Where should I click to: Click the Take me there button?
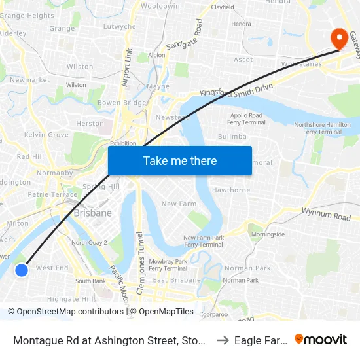180,160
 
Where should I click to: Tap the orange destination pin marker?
340,38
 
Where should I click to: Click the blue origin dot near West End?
22,270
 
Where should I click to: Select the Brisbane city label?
92,213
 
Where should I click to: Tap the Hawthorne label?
231,190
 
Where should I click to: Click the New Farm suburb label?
179,204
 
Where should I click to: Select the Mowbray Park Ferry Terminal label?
168,264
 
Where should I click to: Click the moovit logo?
321,339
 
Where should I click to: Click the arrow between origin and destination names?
223,340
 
